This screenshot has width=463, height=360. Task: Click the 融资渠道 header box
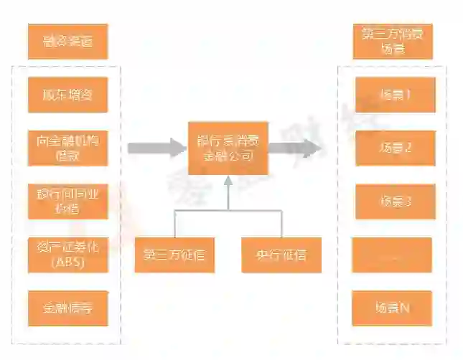68,42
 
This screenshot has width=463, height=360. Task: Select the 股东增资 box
68,95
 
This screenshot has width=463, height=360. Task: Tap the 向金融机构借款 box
68,148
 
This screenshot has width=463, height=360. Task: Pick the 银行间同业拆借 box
68,201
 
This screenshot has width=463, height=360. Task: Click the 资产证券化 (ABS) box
68,255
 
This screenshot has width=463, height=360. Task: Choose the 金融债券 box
68,308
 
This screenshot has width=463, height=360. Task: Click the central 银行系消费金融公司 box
228,148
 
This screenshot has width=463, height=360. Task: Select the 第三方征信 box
174,255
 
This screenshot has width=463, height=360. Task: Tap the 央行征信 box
281,255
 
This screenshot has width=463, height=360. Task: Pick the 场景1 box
395,95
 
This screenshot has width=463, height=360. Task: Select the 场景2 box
395,148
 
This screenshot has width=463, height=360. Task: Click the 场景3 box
395,202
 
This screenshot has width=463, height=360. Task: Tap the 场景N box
392,308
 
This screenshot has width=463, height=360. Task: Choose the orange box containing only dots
392,255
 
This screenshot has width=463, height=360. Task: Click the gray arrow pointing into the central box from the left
156,148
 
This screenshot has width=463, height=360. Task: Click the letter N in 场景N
405,308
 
